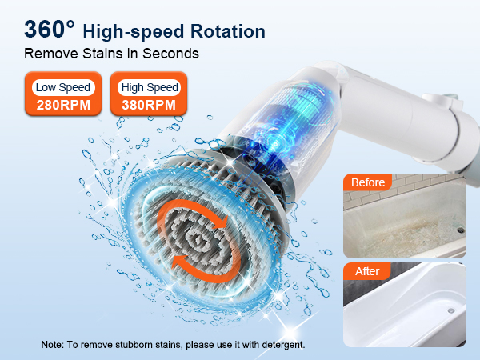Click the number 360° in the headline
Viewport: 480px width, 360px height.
[50, 30]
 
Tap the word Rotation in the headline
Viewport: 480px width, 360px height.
[228, 31]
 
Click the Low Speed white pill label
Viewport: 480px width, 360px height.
[63, 87]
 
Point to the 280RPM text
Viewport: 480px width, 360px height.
[63, 106]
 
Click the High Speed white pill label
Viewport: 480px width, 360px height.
[150, 87]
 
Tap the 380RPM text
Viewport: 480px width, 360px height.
[149, 106]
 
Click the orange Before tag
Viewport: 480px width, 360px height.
[368, 182]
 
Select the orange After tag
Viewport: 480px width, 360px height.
[367, 271]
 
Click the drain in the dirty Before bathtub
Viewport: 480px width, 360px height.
[461, 230]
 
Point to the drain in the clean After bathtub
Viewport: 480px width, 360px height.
[450, 310]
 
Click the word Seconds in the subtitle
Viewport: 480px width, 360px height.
[170, 54]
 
